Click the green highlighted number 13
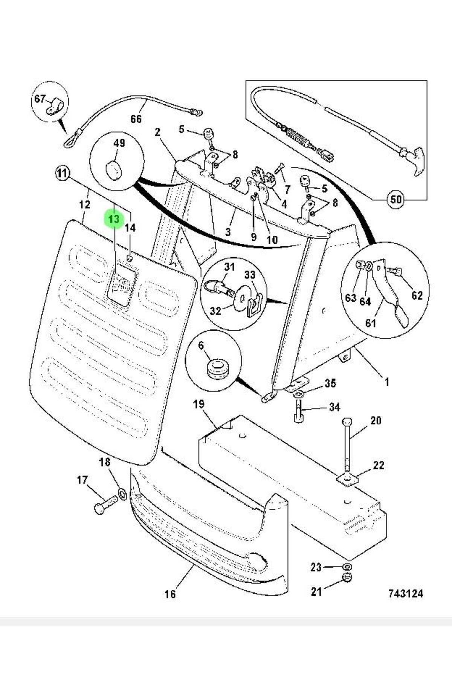[x=114, y=219]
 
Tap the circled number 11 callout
[x=63, y=174]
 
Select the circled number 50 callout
[x=395, y=199]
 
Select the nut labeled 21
[x=346, y=588]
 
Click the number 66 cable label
[x=136, y=119]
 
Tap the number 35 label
[x=330, y=383]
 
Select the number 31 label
[x=229, y=267]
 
